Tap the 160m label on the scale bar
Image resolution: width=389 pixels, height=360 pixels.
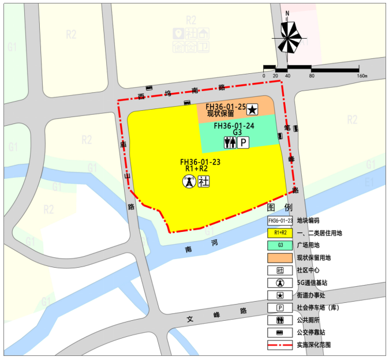[362, 76]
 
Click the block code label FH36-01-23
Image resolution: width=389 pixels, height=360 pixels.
[200, 162]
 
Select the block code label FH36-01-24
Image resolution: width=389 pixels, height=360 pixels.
[234, 125]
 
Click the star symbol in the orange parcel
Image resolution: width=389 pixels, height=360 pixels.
[252, 108]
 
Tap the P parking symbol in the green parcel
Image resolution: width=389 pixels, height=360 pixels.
[244, 142]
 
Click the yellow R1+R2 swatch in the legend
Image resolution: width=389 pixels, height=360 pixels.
[280, 232]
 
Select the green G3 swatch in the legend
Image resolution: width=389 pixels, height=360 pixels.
[280, 245]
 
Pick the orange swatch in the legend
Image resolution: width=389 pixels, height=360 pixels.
[280, 258]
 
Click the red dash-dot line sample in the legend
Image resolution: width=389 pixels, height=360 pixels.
[280, 346]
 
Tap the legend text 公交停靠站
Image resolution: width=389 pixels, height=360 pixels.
[311, 333]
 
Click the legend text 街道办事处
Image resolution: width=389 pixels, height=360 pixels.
[311, 295]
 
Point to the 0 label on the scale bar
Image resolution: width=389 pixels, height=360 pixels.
[264, 76]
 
